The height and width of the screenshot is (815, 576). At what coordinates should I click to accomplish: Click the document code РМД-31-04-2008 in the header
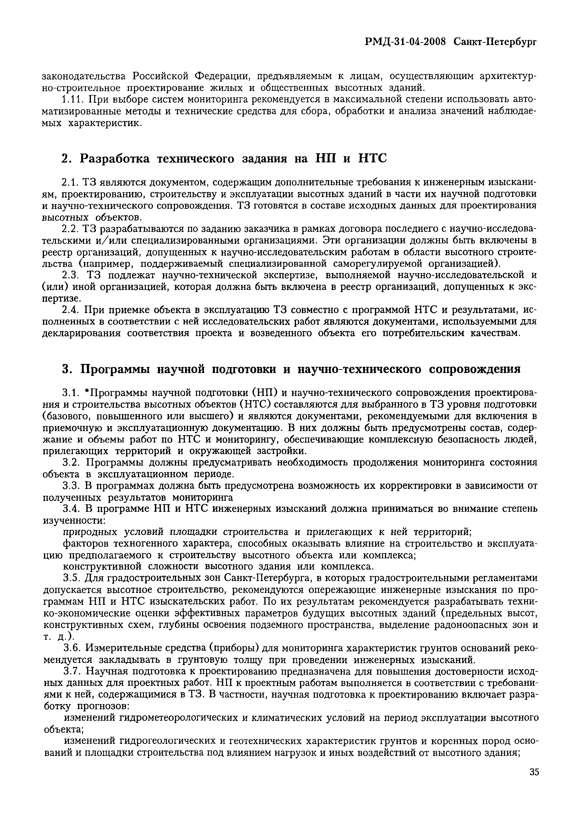405,42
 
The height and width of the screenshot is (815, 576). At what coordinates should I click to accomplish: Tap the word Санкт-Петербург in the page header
495,42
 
